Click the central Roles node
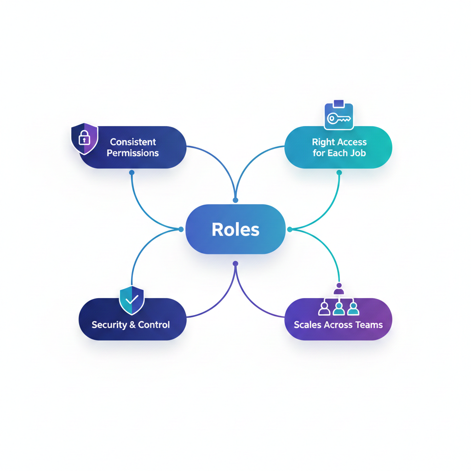(x=235, y=229)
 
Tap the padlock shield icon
(x=84, y=138)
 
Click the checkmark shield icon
(x=132, y=299)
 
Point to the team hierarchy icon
(x=339, y=302)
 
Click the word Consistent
(x=133, y=142)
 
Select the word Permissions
(x=132, y=153)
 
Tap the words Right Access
(x=339, y=142)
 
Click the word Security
(x=109, y=325)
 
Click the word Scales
(x=308, y=325)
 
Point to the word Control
(x=154, y=325)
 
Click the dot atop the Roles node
(x=235, y=200)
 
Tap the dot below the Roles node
(x=235, y=264)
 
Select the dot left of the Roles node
(x=181, y=229)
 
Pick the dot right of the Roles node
(x=290, y=229)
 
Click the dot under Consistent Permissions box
(x=132, y=172)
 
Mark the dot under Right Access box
(x=339, y=172)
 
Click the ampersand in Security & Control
(x=132, y=325)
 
